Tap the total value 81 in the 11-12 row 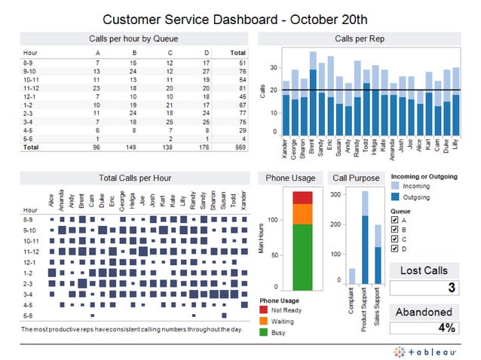point(240,90)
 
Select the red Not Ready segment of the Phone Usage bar point(302,197)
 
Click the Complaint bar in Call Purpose point(351,276)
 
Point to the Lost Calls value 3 point(451,288)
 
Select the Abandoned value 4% point(446,328)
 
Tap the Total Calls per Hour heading point(134,178)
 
